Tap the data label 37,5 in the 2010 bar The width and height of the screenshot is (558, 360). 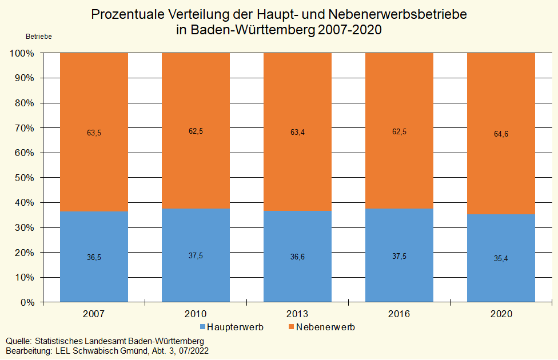click(196, 256)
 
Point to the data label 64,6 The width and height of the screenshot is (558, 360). click(501, 134)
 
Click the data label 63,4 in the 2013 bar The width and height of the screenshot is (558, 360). click(297, 133)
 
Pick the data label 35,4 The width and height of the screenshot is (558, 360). click(501, 259)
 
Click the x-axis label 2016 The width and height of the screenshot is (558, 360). click(399, 314)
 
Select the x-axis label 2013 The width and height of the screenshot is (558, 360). click(297, 314)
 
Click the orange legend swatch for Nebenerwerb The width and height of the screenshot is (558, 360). click(291, 327)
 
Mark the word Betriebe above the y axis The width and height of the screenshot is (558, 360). click(39, 37)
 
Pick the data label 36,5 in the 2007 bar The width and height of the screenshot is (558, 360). click(94, 258)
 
